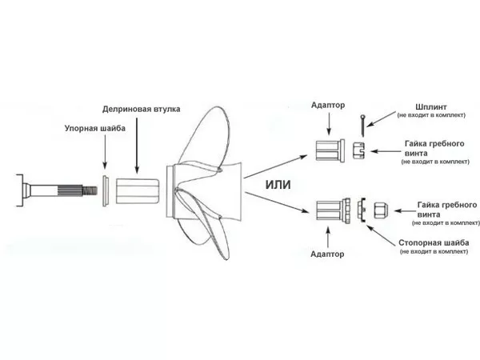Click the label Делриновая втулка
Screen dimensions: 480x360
tap(141, 110)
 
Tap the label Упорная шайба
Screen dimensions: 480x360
tap(95, 128)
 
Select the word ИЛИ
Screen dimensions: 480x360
tap(278, 185)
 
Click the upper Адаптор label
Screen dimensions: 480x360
tap(328, 106)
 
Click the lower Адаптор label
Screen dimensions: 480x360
tap(327, 254)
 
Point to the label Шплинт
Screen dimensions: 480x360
tap(431, 107)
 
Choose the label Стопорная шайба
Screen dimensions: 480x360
tap(434, 243)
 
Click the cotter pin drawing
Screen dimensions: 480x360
tap(362, 126)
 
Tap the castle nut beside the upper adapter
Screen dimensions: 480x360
tap(358, 150)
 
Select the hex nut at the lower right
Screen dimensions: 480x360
tap(381, 210)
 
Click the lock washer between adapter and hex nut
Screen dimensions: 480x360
tap(362, 210)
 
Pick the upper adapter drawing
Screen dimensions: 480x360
tap(330, 150)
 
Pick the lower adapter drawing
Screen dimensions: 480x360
tap(333, 210)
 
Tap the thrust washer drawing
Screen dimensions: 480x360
tap(105, 191)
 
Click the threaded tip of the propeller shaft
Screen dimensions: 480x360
tap(90, 191)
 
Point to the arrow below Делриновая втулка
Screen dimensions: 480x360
tap(137, 146)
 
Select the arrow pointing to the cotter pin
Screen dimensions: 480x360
tap(382, 119)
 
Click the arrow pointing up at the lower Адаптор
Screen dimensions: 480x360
tap(328, 237)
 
